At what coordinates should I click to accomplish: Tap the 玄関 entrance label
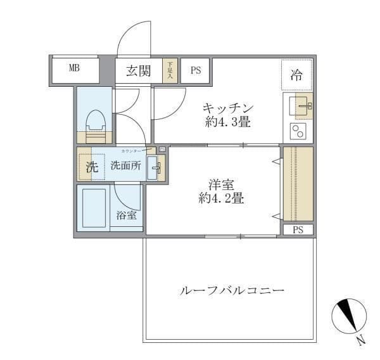tap(137, 71)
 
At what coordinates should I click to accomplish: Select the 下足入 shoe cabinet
tap(170, 70)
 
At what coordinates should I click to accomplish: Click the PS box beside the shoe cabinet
tap(194, 71)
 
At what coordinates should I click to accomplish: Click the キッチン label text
tap(228, 107)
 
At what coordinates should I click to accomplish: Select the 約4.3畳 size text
tap(228, 122)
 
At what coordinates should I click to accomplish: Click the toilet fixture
tap(95, 126)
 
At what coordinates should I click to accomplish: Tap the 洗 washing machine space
tap(92, 167)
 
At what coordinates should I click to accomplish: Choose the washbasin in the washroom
tap(155, 169)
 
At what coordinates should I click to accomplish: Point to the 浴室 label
tap(126, 215)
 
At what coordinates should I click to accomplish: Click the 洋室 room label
tap(221, 184)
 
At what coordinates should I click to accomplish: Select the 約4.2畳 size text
tap(221, 198)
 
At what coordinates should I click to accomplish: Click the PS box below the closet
tap(298, 230)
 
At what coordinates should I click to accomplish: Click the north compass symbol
tap(348, 316)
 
